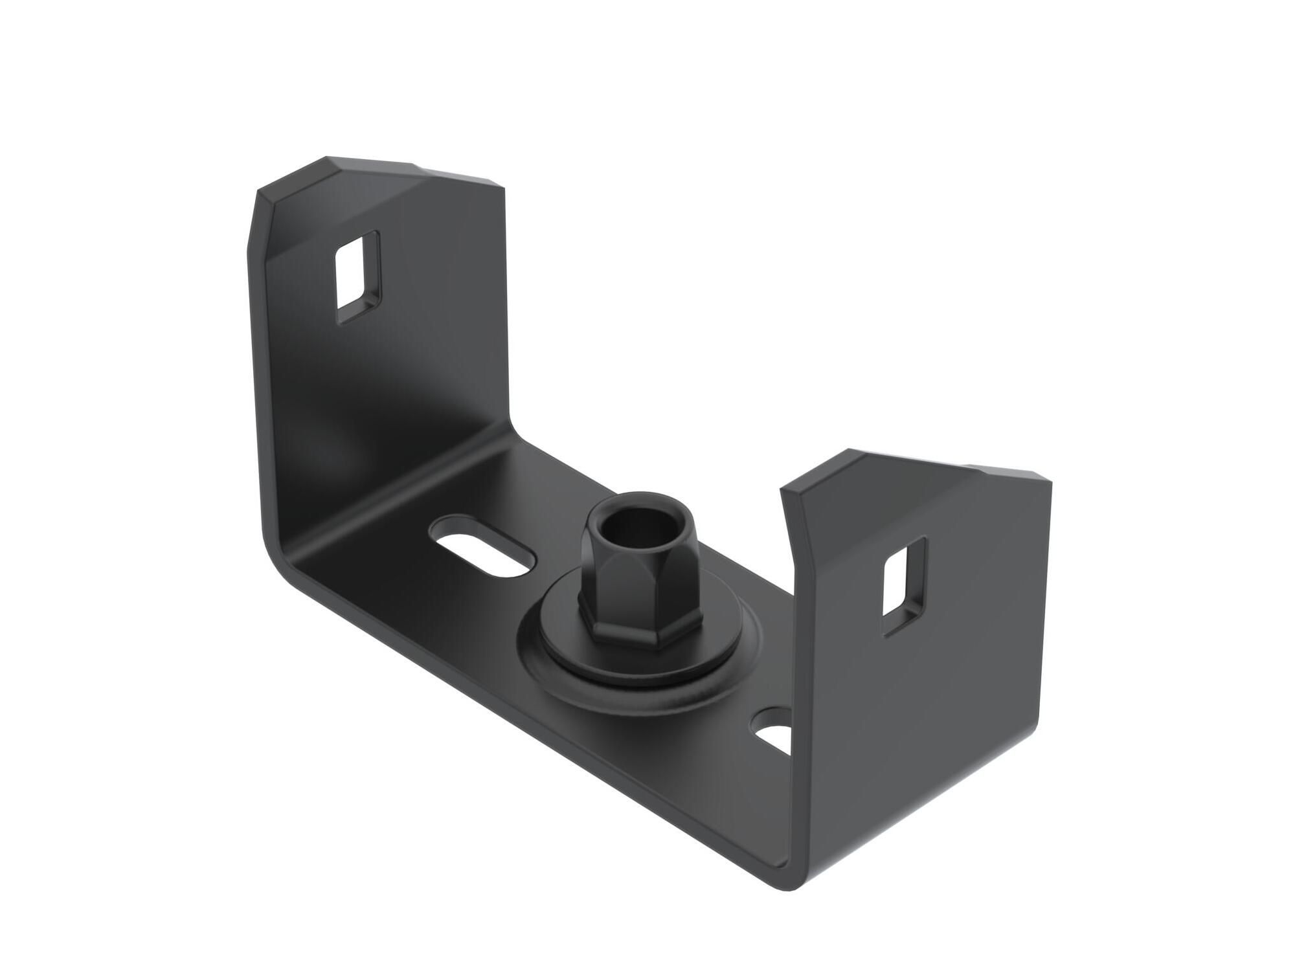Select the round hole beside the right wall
(774, 727)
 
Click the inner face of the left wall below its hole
(376, 388)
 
